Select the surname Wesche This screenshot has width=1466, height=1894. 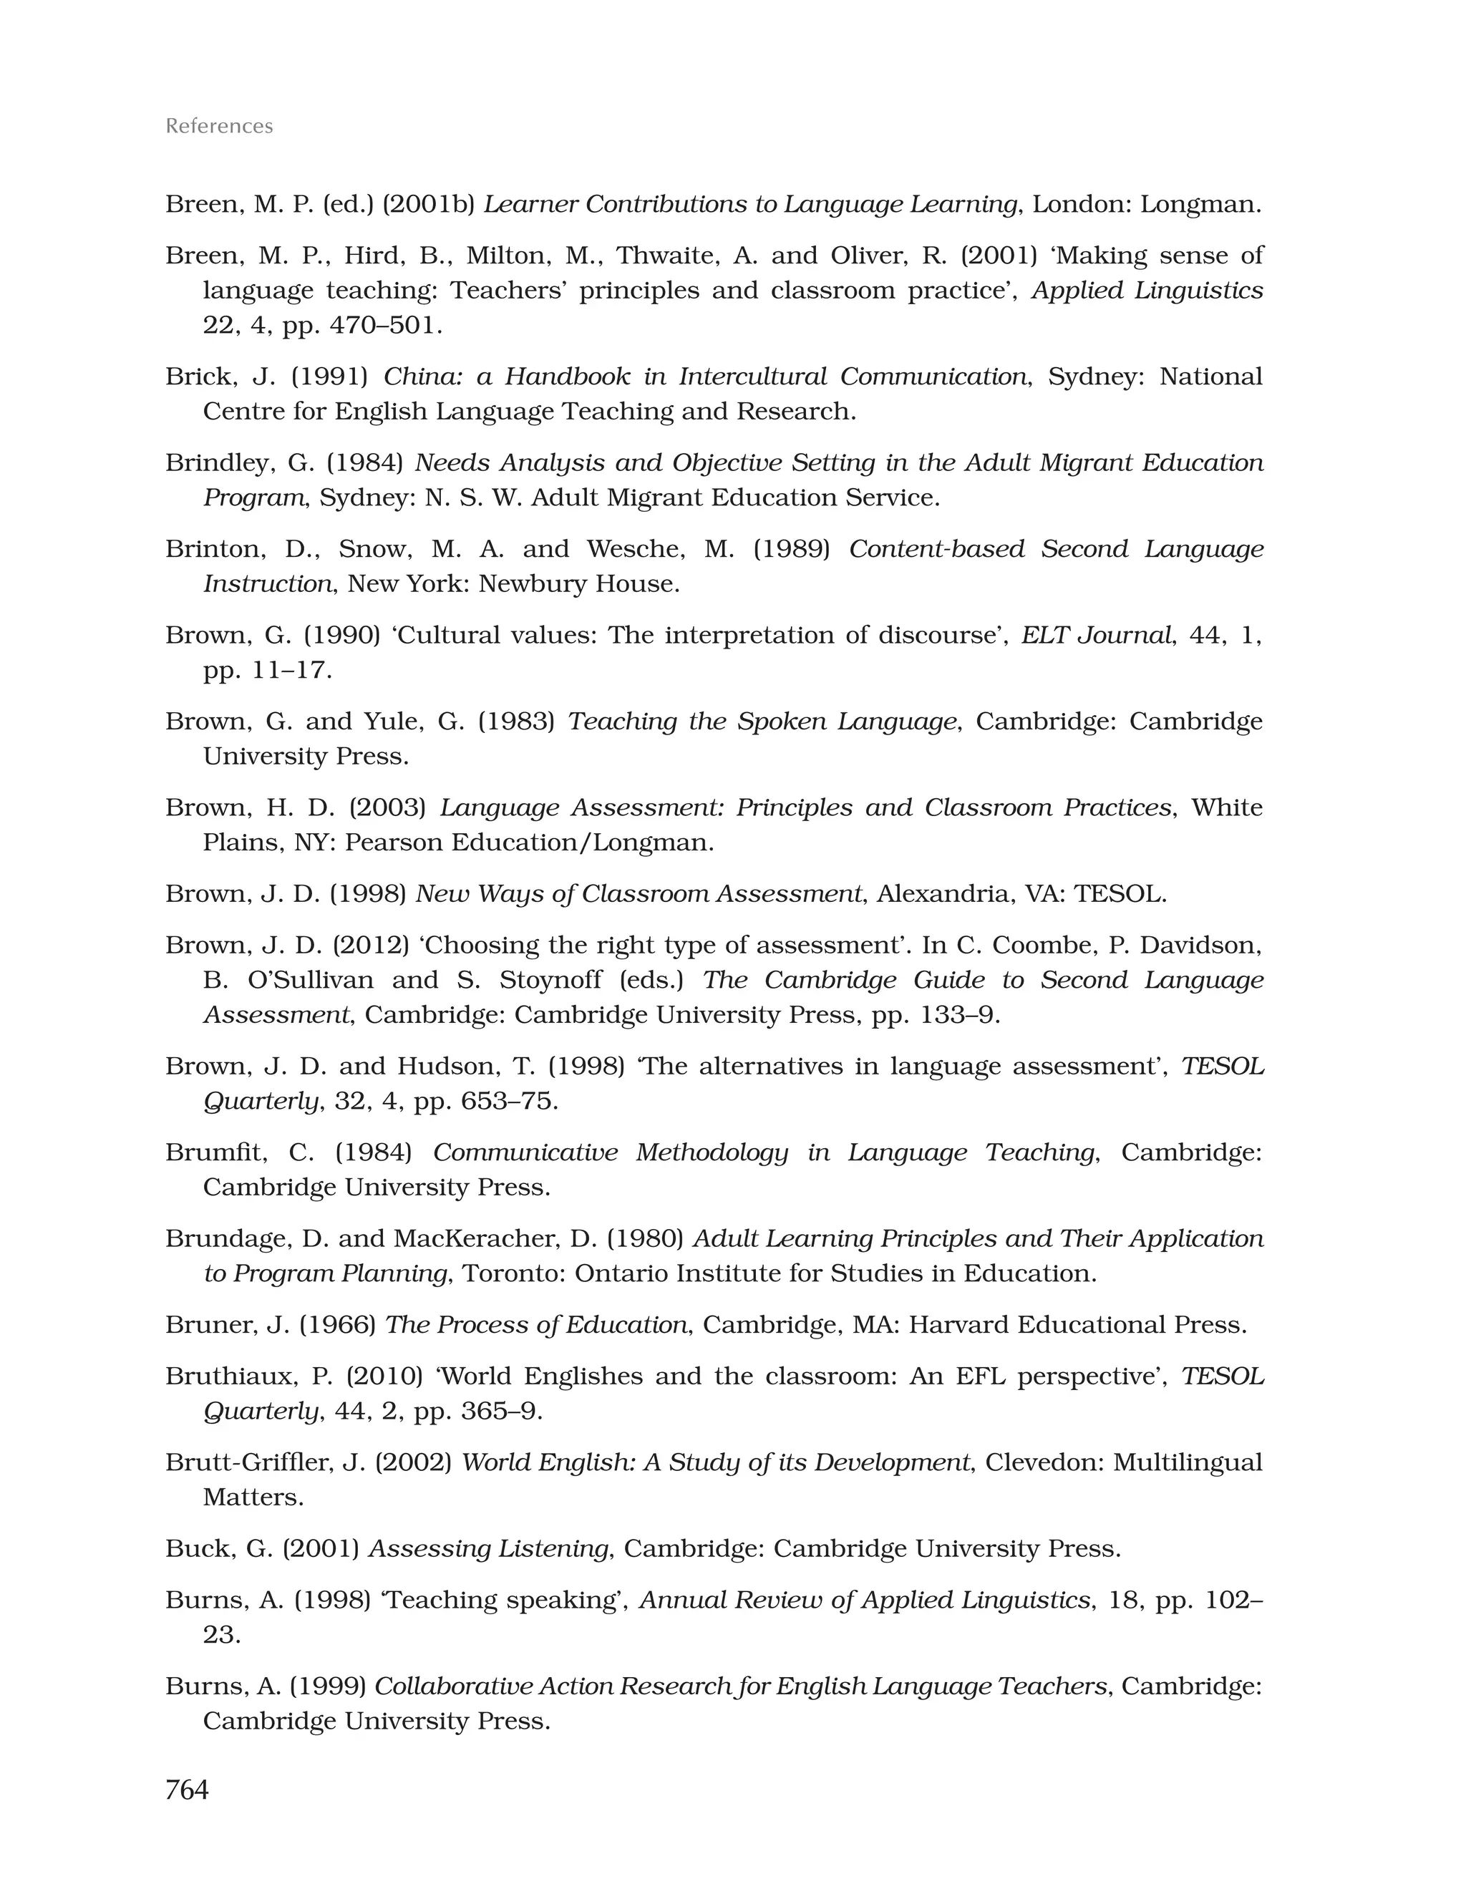pyautogui.click(x=631, y=549)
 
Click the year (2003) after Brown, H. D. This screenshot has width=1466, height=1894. pyautogui.click(x=387, y=808)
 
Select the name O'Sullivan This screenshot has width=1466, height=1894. pyautogui.click(x=311, y=980)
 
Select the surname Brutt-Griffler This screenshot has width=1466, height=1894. pyautogui.click(x=248, y=1463)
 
